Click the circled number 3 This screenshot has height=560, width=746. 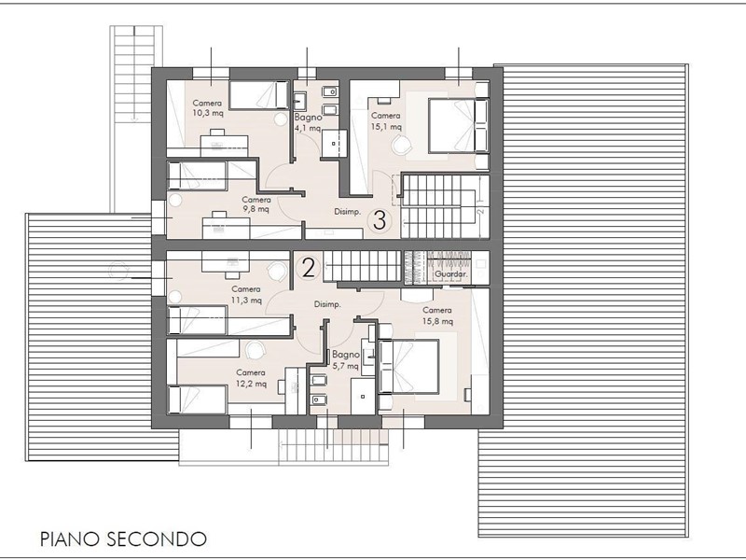pyautogui.click(x=380, y=220)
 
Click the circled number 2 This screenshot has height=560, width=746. pyautogui.click(x=309, y=268)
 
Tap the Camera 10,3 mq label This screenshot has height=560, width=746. pyautogui.click(x=207, y=108)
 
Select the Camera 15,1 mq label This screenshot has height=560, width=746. pyautogui.click(x=386, y=121)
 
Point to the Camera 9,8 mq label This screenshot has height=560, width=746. pyautogui.click(x=256, y=204)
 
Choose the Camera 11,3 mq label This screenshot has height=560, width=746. pyautogui.click(x=246, y=295)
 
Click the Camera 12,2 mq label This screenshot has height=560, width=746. pyautogui.click(x=251, y=378)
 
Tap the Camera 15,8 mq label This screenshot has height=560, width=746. pyautogui.click(x=437, y=315)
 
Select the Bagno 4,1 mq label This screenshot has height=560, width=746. pyautogui.click(x=308, y=122)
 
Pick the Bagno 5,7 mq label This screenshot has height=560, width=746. pyautogui.click(x=345, y=360)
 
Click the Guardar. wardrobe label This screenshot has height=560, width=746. pyautogui.click(x=451, y=274)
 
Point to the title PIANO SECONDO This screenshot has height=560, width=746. pyautogui.click(x=123, y=539)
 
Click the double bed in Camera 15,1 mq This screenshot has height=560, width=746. pyautogui.click(x=458, y=125)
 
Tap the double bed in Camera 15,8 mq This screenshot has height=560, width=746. pyautogui.click(x=408, y=366)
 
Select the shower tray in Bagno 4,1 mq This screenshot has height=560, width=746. pyautogui.click(x=334, y=143)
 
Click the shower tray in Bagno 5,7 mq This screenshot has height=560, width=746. pyautogui.click(x=363, y=396)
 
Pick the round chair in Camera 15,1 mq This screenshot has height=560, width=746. pyautogui.click(x=403, y=144)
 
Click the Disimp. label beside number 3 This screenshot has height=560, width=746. pyautogui.click(x=347, y=212)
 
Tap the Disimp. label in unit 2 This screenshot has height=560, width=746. pyautogui.click(x=327, y=304)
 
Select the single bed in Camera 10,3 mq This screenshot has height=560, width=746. pyautogui.click(x=259, y=95)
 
